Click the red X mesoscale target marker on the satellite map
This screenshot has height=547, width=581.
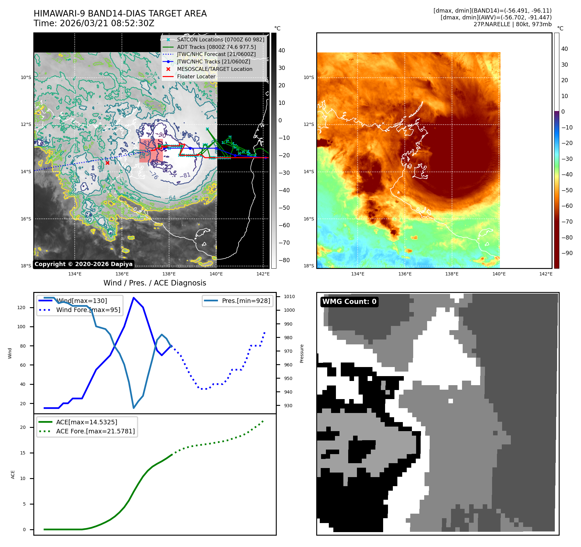[x=107, y=163]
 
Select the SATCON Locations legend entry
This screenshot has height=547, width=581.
[x=220, y=39]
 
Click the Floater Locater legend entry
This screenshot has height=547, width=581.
[x=196, y=76]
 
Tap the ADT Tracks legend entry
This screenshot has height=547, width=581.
[x=216, y=47]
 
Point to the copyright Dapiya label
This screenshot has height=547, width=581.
[x=83, y=264]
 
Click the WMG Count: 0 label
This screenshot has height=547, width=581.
[x=349, y=302]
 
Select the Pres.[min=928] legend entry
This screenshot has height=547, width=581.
[x=246, y=301]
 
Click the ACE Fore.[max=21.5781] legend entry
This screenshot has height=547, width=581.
[x=95, y=431]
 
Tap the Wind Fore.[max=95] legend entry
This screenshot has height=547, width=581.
[x=88, y=310]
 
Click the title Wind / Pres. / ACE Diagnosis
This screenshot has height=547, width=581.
[x=155, y=283]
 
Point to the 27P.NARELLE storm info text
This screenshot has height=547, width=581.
[x=512, y=24]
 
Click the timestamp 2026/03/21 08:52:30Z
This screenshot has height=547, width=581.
[x=107, y=23]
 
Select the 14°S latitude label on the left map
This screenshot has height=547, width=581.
[x=26, y=172]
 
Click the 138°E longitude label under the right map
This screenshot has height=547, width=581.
[x=452, y=274]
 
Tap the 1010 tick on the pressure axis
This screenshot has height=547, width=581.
[x=289, y=296]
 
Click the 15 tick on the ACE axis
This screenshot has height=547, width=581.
[x=23, y=453]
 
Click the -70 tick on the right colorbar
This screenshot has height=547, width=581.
[x=567, y=222]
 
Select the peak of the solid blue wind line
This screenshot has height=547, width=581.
[x=134, y=298]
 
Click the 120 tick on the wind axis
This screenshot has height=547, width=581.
[x=21, y=307]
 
